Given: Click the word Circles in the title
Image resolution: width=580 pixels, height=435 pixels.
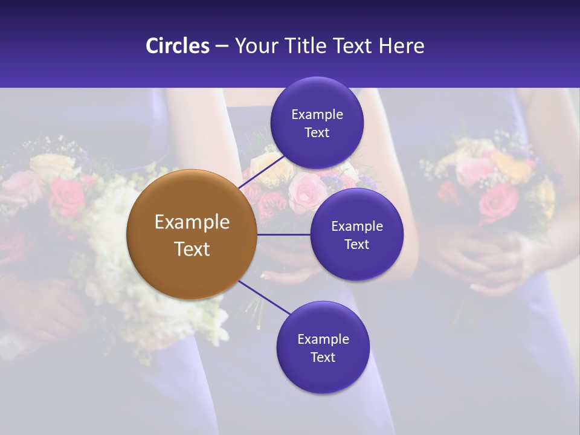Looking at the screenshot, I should tap(177, 46).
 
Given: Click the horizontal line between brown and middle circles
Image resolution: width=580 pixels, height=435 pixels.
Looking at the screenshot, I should tap(283, 234).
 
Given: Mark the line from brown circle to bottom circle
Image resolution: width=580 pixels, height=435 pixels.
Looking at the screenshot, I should tap(265, 298).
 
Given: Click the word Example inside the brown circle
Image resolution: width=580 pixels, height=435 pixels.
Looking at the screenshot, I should tap(192, 222).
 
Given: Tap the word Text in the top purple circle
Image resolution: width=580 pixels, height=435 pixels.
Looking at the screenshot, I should tap(317, 133).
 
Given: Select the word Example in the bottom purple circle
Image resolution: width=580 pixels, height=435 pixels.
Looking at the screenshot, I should tap(323, 340).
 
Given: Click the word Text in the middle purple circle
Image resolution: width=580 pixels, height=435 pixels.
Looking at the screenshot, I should tap(356, 245).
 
